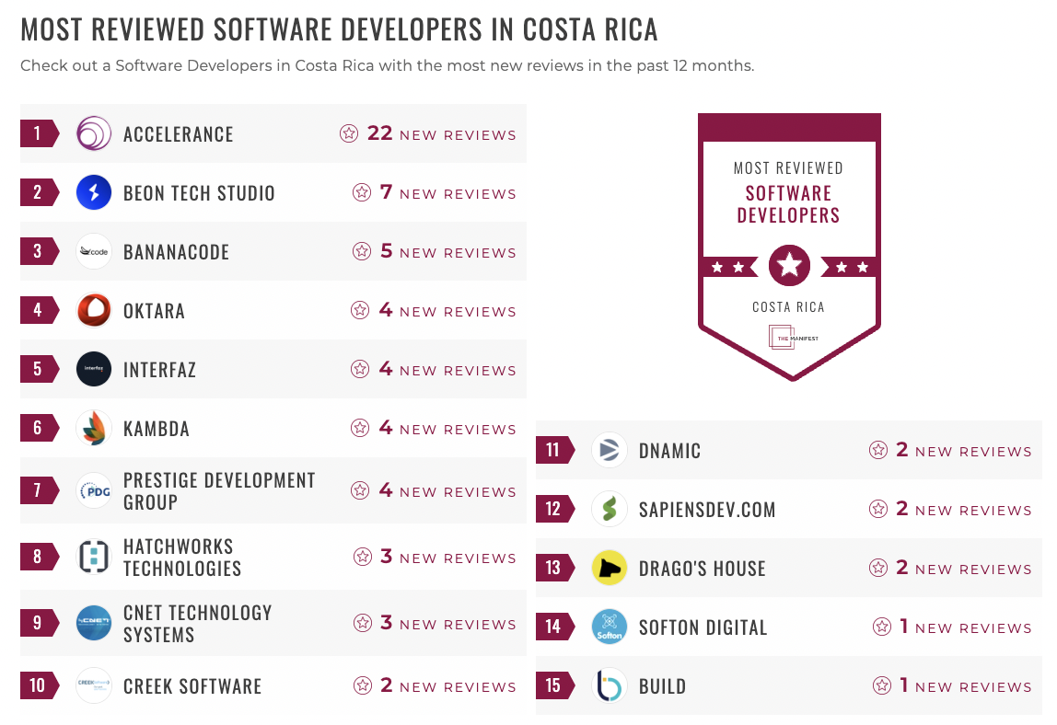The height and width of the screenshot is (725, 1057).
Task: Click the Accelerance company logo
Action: [x=94, y=133]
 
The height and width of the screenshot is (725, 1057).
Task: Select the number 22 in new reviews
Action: [x=379, y=133]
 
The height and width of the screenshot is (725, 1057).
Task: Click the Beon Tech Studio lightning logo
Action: [x=94, y=192]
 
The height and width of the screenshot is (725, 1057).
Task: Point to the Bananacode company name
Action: [x=176, y=252]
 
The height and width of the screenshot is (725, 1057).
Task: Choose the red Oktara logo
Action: [x=94, y=310]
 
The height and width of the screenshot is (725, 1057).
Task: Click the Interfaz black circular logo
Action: [x=94, y=369]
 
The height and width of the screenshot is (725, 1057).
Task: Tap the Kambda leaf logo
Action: [x=94, y=428]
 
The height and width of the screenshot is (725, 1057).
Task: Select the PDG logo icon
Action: [x=94, y=490]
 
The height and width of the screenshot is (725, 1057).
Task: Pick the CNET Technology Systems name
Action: [x=197, y=624]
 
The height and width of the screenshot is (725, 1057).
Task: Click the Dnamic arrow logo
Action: [x=610, y=450]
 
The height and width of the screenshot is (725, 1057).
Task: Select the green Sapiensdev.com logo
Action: [x=610, y=509]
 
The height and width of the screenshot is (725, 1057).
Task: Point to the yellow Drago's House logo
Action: [x=610, y=568]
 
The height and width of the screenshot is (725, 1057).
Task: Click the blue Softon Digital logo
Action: [x=610, y=627]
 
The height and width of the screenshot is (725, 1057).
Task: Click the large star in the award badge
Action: [x=789, y=266]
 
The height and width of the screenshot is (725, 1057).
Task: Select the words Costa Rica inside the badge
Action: [x=788, y=307]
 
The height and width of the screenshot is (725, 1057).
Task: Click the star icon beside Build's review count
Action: [x=882, y=685]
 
